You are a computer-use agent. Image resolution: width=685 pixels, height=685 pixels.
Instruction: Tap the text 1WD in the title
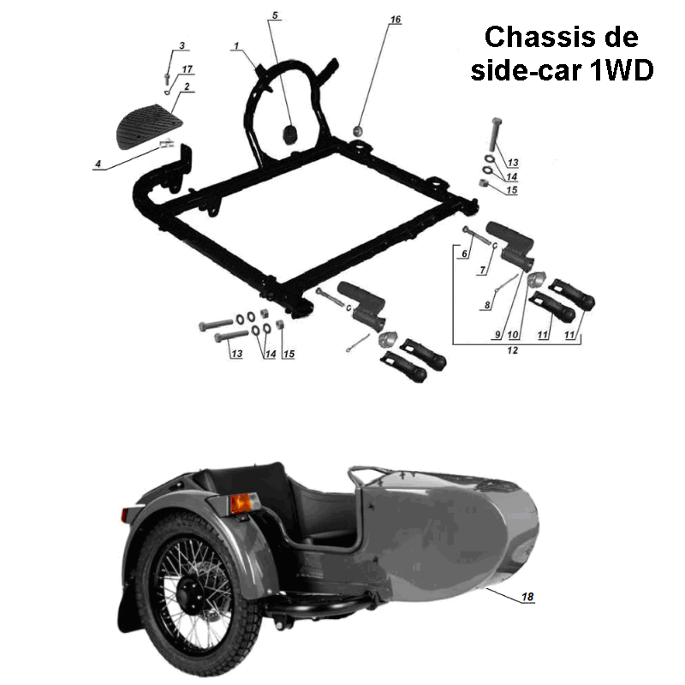coord(622,70)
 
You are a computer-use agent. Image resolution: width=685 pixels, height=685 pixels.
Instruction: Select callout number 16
coord(395,19)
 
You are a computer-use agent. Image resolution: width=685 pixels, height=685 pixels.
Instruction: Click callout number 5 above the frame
coord(275,15)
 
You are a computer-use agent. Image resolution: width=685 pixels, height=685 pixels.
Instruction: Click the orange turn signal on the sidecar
coord(241,503)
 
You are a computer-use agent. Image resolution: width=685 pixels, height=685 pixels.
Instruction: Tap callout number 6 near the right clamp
coord(464,253)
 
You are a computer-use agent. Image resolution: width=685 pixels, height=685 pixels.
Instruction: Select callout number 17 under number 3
coord(187,68)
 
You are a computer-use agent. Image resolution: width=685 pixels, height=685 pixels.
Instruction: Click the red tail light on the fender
coord(131,515)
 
